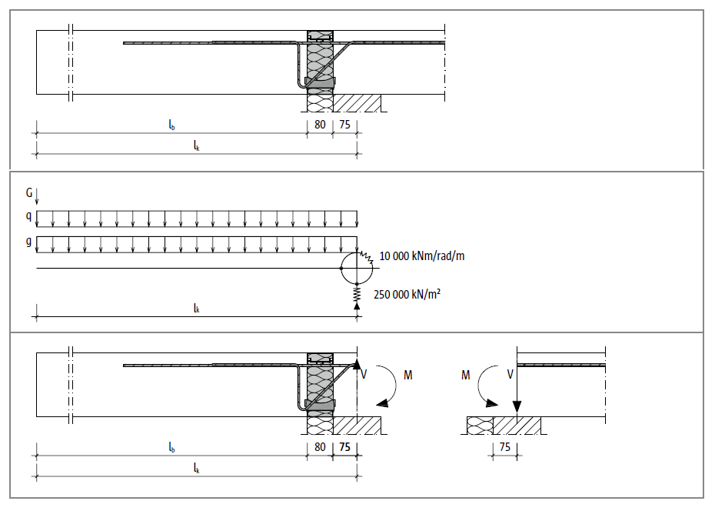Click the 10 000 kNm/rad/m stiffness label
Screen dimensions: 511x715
[x=422, y=256]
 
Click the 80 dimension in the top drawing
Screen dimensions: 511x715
[x=319, y=122]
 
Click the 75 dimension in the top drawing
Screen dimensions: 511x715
[x=345, y=122]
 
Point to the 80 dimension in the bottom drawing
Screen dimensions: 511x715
[x=319, y=446]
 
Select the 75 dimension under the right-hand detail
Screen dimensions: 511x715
[x=505, y=446]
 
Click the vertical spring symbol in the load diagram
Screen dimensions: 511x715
[x=357, y=293]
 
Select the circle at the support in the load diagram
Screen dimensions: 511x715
[x=357, y=267]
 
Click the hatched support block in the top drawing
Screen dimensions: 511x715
[x=357, y=103]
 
